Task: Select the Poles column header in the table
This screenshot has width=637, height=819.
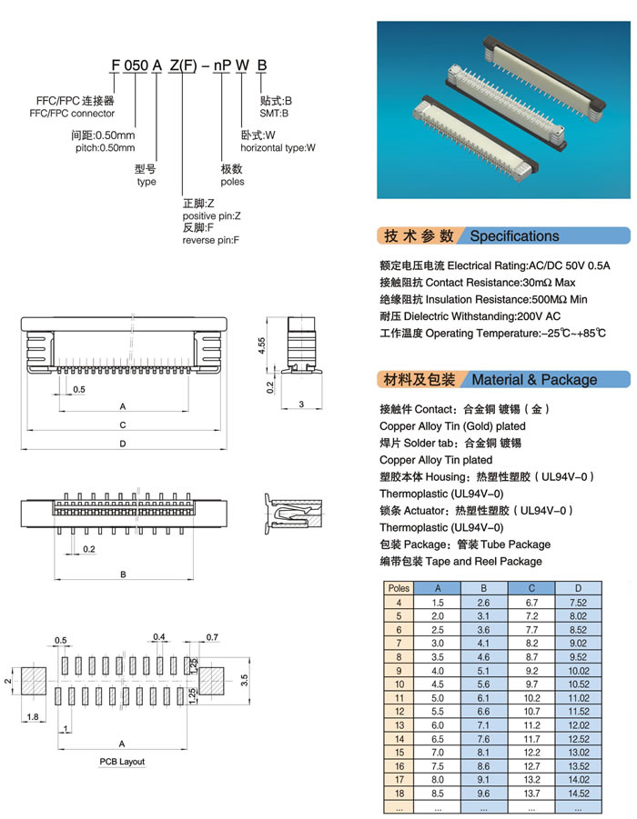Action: (399, 588)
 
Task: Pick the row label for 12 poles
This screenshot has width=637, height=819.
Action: (399, 710)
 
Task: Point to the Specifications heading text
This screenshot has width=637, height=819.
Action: (514, 236)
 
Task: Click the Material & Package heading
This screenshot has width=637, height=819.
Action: (534, 380)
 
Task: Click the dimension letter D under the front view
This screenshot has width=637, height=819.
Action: (122, 443)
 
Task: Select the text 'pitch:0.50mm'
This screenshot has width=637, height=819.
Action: (103, 147)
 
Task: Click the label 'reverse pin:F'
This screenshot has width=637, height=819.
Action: (211, 240)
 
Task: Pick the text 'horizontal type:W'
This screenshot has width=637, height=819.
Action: (278, 147)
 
